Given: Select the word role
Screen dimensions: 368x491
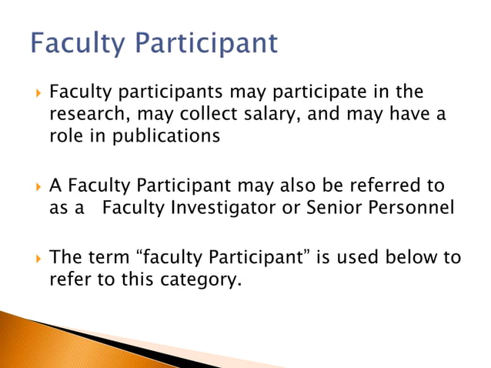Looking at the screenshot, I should point(65,135).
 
